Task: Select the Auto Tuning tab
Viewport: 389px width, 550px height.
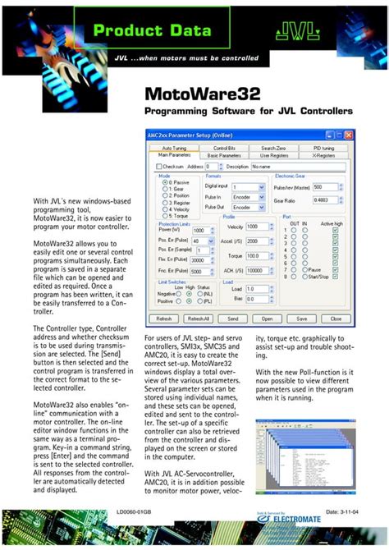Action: [x=174, y=148]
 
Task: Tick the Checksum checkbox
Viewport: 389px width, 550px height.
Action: [x=160, y=166]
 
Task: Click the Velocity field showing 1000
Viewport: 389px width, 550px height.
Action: [x=257, y=227]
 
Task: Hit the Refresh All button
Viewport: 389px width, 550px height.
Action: [x=199, y=319]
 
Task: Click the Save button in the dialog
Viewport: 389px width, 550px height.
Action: [x=301, y=319]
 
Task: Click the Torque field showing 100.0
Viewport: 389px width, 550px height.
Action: [x=257, y=255]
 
